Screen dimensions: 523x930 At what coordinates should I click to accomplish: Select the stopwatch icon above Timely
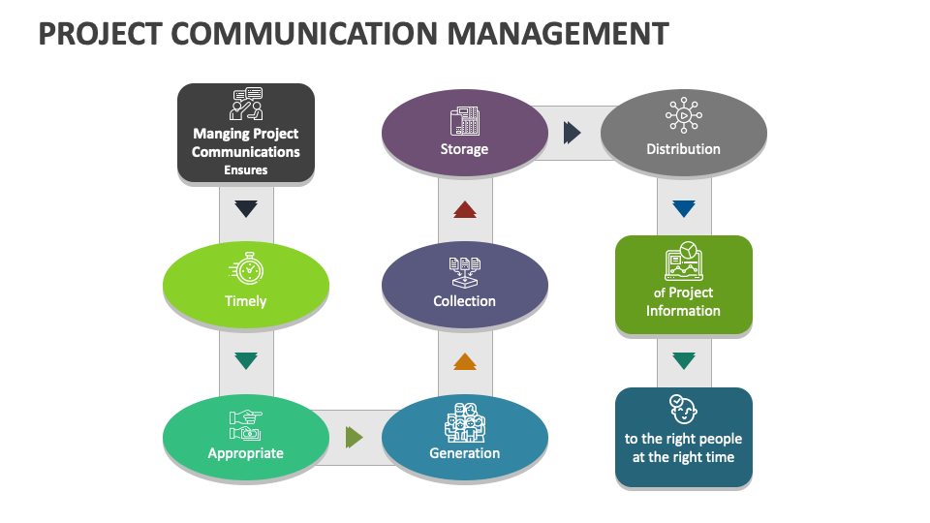[x=246, y=268]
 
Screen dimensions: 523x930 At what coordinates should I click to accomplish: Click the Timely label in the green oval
[x=246, y=301]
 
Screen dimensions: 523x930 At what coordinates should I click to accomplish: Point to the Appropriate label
[x=246, y=453]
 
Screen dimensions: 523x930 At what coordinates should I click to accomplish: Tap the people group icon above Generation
[x=465, y=422]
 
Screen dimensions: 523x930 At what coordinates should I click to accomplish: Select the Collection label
[x=465, y=301]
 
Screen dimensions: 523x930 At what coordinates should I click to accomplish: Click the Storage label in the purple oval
[x=465, y=149]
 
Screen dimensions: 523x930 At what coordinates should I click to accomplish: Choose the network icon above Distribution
[x=684, y=116]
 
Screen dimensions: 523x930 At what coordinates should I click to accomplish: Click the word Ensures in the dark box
[x=246, y=170]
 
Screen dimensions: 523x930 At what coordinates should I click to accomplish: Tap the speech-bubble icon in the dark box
[x=246, y=104]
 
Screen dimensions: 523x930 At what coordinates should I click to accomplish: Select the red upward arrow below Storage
[x=465, y=209]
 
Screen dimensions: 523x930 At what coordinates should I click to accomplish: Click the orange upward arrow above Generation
[x=465, y=361]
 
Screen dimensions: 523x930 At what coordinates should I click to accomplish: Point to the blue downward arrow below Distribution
[x=684, y=208]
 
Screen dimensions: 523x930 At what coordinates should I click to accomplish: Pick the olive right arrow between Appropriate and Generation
[x=355, y=438]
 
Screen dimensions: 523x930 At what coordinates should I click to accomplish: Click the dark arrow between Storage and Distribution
[x=573, y=133]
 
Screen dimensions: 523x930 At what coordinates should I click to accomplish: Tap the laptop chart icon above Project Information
[x=684, y=262]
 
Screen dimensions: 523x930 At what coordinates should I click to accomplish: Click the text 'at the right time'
[x=684, y=457]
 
